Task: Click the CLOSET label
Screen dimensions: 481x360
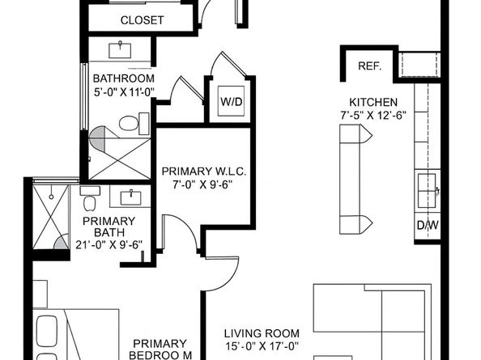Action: click(142, 20)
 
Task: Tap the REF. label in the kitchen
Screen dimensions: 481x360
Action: click(369, 66)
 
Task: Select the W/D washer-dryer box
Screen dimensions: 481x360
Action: click(232, 101)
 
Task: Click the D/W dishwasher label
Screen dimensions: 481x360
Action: click(428, 225)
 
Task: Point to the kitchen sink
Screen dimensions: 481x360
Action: click(427, 191)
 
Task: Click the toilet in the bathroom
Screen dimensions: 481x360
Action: click(134, 124)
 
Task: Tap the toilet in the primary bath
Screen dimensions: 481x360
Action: click(90, 198)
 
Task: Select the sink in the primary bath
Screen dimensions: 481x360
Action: click(130, 197)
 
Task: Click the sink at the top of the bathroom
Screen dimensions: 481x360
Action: click(120, 50)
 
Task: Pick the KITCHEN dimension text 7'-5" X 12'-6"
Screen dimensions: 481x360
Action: click(373, 116)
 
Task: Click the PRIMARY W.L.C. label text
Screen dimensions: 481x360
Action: click(204, 172)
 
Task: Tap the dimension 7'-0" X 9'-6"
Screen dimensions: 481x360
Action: click(202, 184)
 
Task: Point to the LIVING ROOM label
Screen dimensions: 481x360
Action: click(262, 333)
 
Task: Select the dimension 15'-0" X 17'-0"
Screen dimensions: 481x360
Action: click(262, 346)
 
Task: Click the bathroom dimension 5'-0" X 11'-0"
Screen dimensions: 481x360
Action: click(124, 92)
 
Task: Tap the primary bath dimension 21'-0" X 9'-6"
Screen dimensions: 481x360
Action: click(109, 245)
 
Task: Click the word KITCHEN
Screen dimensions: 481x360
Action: click(373, 102)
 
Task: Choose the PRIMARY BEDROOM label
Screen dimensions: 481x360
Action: click(160, 349)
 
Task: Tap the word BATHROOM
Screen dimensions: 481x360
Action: click(124, 78)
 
